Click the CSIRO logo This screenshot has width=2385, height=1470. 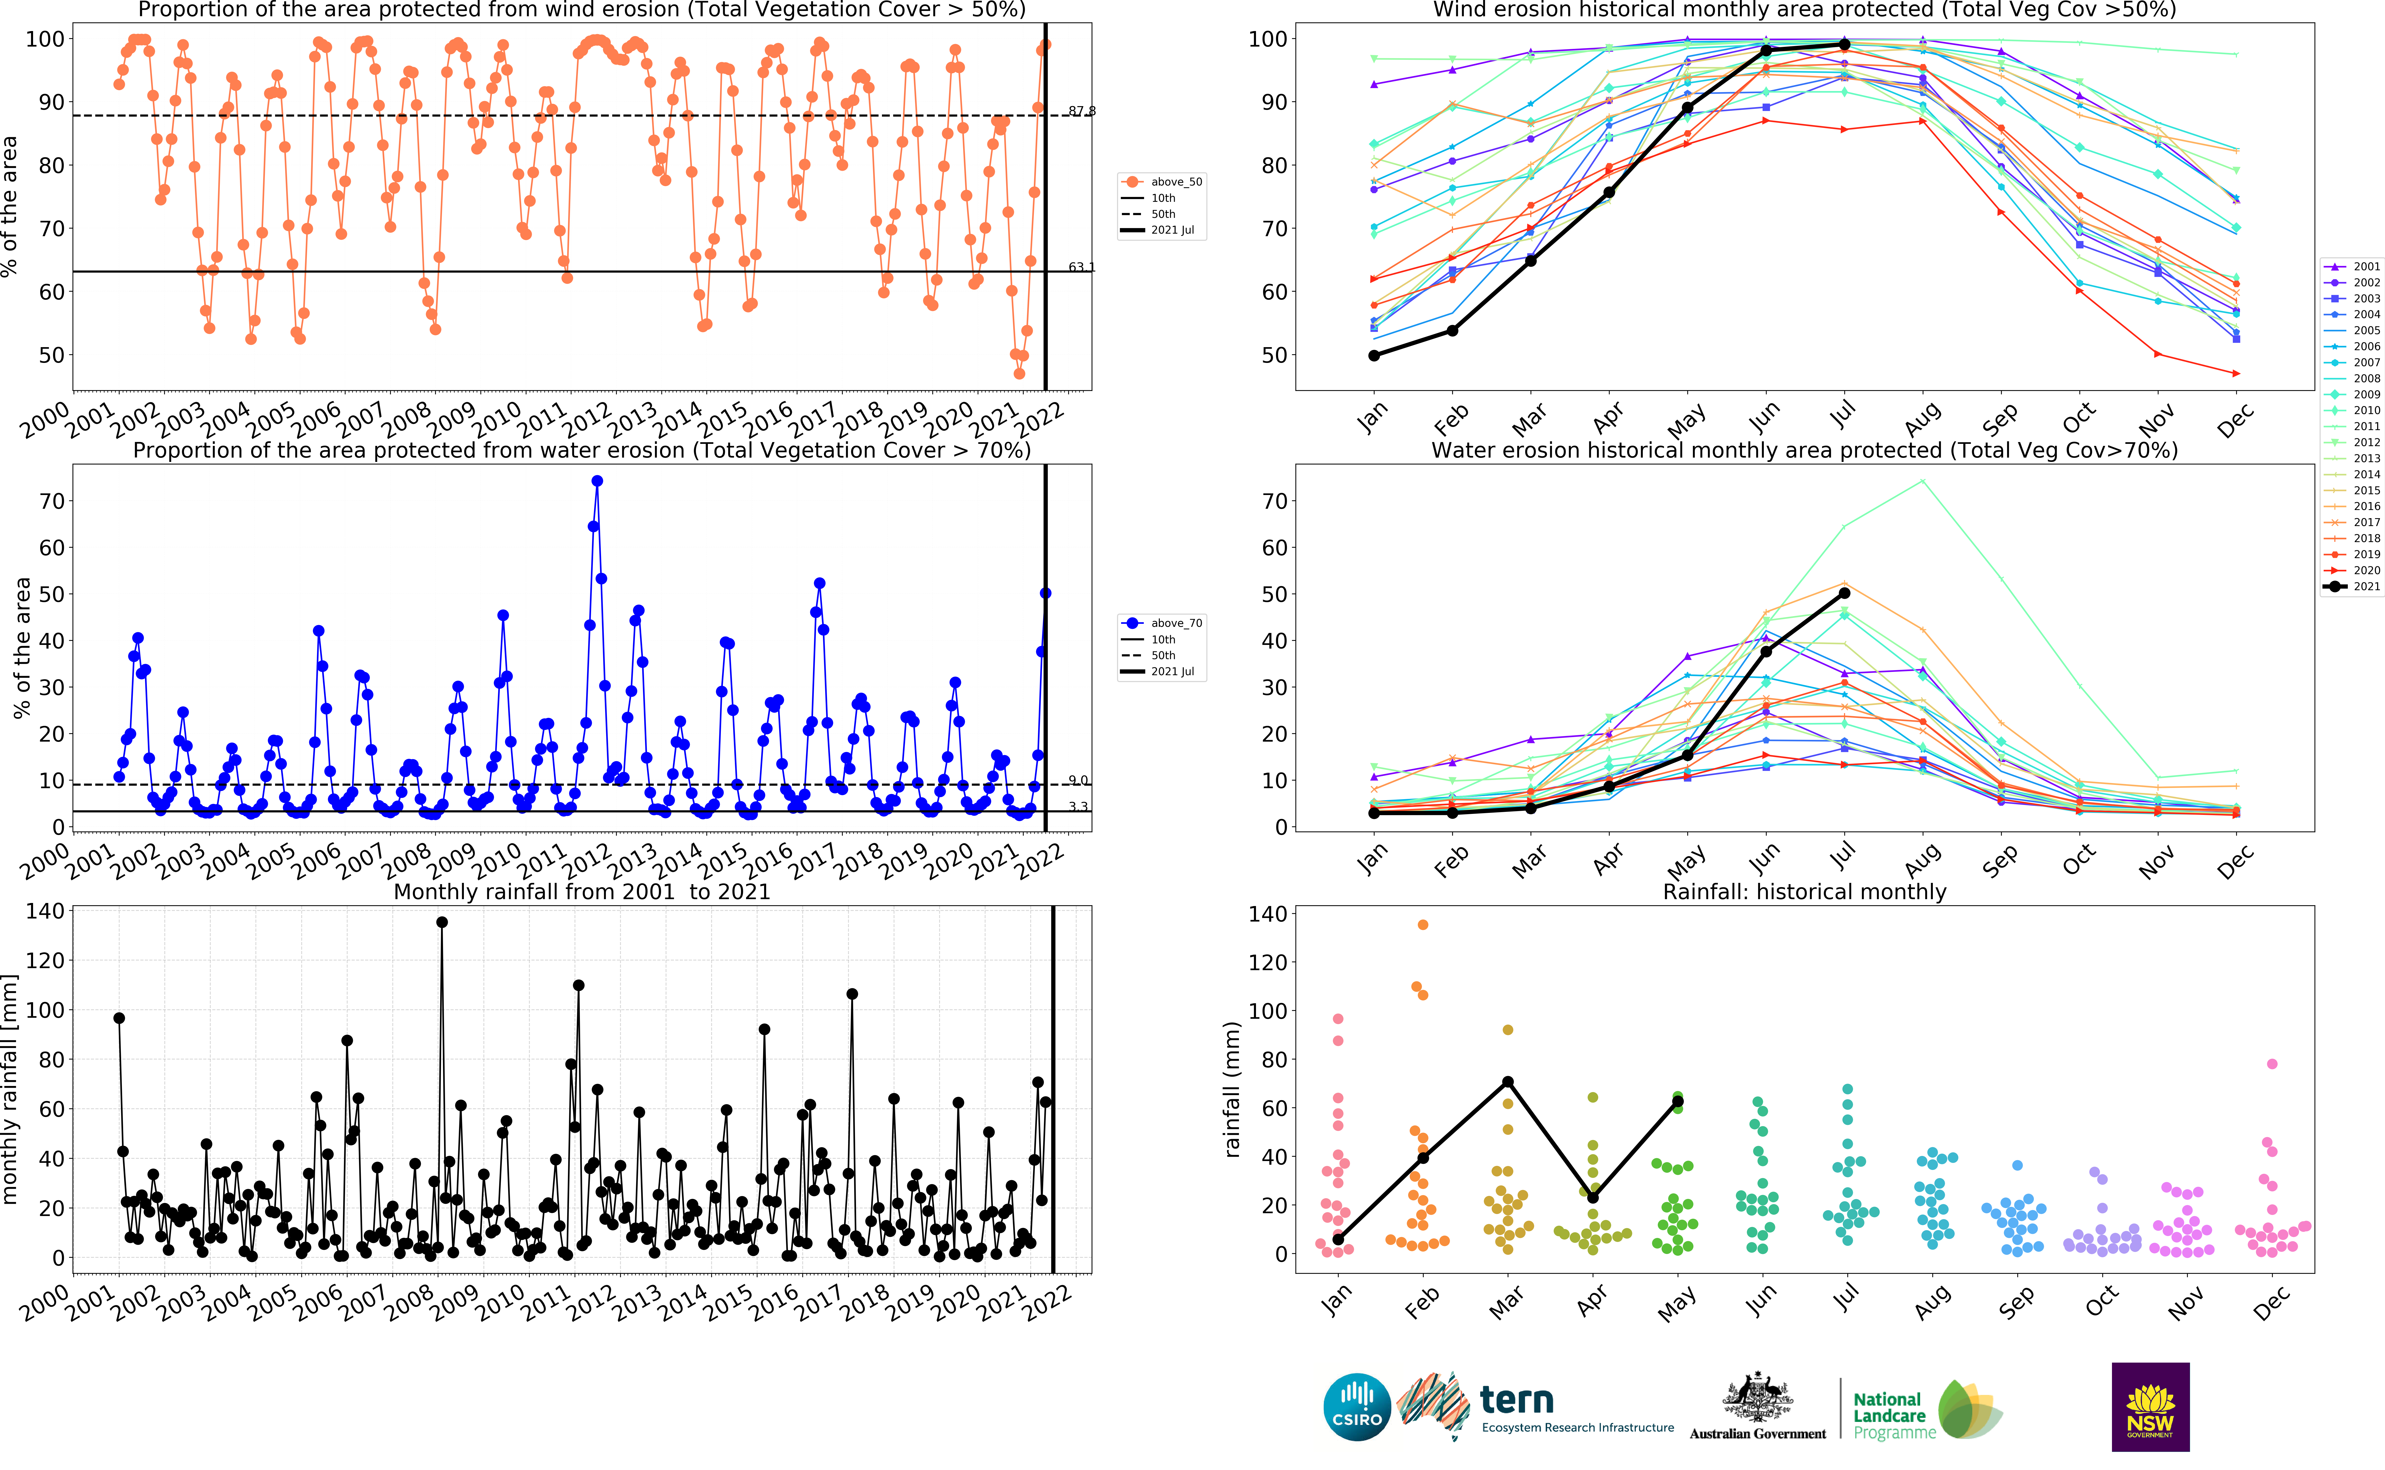click(1357, 1407)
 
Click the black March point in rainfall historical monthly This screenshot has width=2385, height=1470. click(1507, 1082)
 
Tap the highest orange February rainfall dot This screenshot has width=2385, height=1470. click(1423, 925)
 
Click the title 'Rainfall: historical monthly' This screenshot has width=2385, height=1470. click(1804, 892)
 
